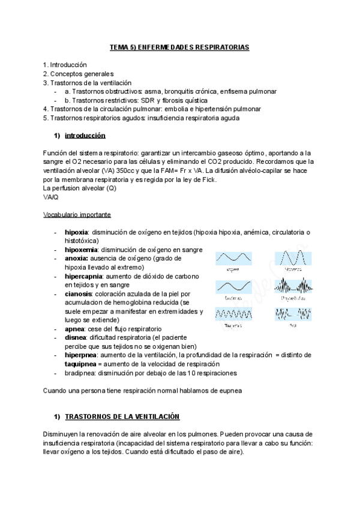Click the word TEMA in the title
119,46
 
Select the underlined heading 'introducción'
85,136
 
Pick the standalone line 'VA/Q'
51,197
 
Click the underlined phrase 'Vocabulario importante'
77,215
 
